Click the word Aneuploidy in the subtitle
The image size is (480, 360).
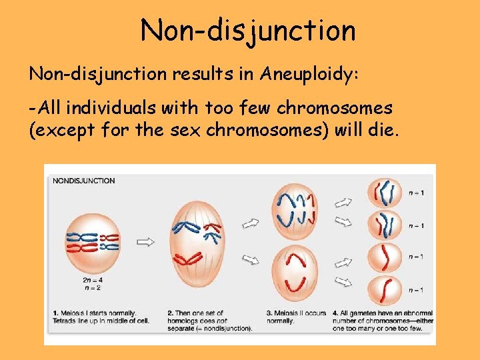(x=308, y=73)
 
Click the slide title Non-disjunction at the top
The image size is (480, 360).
(x=248, y=30)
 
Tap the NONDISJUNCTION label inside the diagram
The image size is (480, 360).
(x=83, y=181)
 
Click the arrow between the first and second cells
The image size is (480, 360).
(x=145, y=241)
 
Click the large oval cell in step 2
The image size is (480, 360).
(x=198, y=243)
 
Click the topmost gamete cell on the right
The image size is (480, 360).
(x=385, y=193)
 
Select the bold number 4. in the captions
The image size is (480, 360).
(x=335, y=313)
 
